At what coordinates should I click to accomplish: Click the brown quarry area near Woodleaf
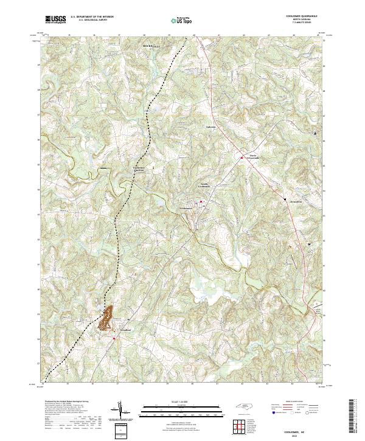[108, 315]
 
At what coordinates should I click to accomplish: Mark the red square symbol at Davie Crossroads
[238, 160]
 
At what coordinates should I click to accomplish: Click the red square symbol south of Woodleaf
[114, 339]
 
